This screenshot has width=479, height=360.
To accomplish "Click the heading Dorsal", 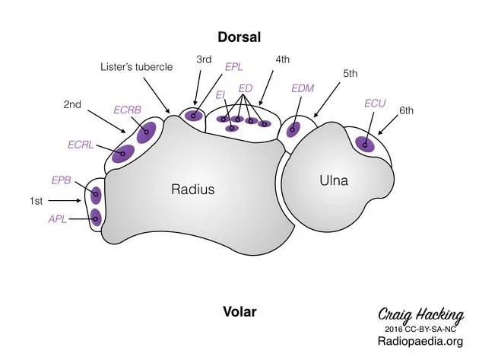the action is (239, 37).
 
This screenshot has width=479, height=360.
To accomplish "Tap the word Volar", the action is (239, 312).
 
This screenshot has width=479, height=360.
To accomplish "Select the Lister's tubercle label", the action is (137, 67).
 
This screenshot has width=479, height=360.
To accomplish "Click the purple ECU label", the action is (375, 104).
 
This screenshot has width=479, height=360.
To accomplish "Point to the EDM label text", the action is (303, 88).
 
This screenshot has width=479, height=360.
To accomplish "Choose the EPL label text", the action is (233, 67).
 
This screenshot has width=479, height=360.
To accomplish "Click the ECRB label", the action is (128, 110).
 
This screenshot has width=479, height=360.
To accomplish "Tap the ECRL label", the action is (81, 145).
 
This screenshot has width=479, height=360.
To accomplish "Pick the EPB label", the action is (61, 180).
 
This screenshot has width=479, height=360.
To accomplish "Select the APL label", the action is (58, 219).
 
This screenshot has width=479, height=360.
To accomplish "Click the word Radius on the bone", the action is (193, 189).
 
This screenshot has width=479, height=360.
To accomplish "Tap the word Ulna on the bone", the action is (334, 180).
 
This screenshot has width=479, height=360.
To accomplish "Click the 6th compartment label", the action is (406, 110).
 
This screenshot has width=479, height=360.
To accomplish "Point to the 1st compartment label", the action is (36, 201).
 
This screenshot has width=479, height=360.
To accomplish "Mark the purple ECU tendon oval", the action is (365, 145).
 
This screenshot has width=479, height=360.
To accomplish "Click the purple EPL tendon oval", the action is (193, 116).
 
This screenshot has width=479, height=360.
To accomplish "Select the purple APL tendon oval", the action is (96, 218).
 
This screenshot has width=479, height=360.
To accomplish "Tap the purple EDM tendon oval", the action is (293, 129).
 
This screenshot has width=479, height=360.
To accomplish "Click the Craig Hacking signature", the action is (421, 315).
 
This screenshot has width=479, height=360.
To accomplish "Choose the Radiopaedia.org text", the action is (420, 341).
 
